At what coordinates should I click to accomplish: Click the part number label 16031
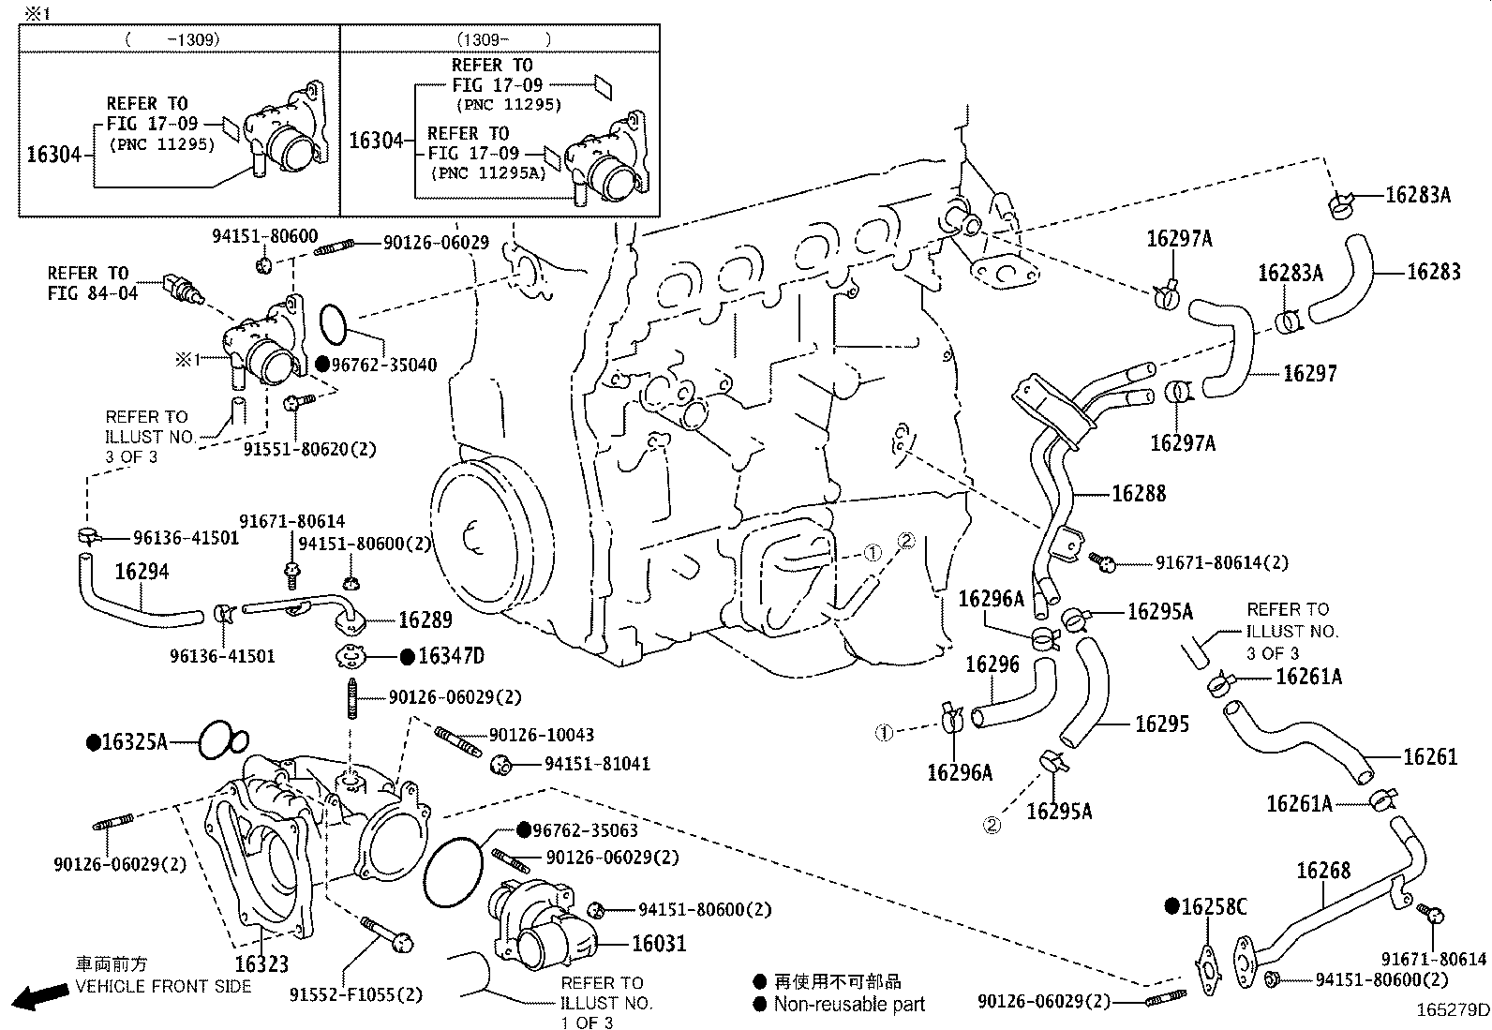659,943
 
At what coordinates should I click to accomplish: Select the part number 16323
261,963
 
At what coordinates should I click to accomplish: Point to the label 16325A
133,742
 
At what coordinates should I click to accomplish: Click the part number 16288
1139,493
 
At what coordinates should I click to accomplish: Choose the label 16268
1323,871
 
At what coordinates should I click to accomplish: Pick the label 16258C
1213,906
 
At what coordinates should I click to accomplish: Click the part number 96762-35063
585,830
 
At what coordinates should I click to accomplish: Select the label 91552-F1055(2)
342,994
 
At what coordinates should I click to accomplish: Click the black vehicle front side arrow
33,997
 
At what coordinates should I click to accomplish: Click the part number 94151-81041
597,764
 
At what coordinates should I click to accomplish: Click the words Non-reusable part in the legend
848,1004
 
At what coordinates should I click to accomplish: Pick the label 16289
425,619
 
